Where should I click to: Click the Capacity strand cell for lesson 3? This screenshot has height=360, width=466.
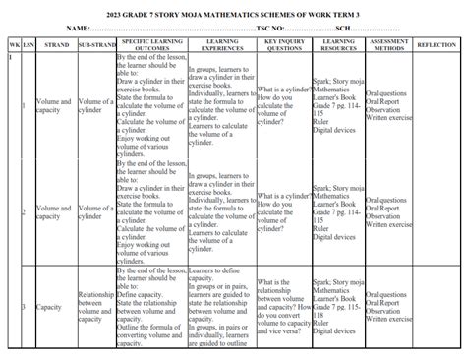(x=54, y=307)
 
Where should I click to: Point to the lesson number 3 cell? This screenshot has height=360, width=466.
(x=26, y=307)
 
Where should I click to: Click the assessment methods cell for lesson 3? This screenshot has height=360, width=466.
(x=391, y=306)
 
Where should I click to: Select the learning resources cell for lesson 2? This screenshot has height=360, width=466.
(x=339, y=210)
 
